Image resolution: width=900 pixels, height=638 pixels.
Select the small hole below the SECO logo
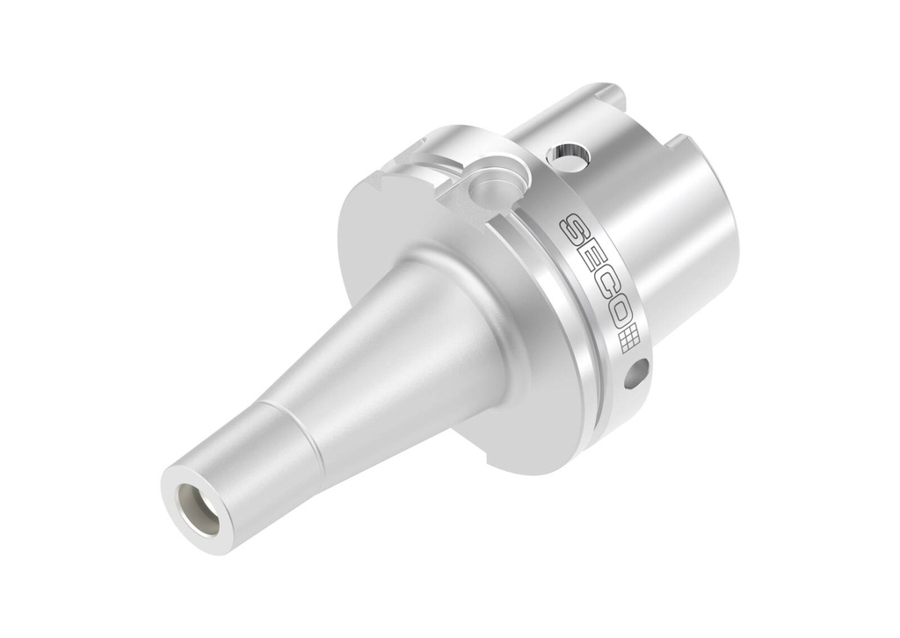point(636,373)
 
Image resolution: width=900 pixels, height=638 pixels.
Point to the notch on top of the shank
point(613,91)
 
